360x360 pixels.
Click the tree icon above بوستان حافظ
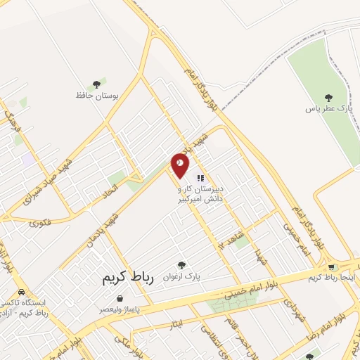point(96,84)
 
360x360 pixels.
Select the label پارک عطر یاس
point(328,109)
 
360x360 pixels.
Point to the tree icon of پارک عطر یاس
point(328,98)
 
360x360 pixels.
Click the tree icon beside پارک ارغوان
point(182,266)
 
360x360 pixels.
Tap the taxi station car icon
point(21,292)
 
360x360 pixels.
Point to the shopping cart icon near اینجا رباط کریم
point(331,266)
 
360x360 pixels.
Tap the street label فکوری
point(41,223)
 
